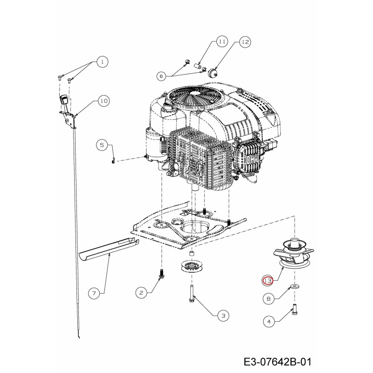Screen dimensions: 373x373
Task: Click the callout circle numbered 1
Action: (102, 62)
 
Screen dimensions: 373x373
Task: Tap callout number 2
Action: (141, 293)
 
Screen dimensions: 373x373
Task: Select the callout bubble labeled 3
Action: (223, 316)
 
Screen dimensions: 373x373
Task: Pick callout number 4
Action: (269, 322)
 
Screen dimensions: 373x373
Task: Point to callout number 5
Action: (102, 145)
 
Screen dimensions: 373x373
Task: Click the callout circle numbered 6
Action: (161, 76)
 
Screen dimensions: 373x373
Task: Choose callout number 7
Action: (94, 293)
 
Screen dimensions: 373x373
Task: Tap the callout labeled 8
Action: (269, 298)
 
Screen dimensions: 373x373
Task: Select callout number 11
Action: (222, 41)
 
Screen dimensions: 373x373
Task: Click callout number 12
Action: (245, 42)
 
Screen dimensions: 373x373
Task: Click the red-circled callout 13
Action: (268, 281)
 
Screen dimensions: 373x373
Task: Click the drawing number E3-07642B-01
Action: (277, 362)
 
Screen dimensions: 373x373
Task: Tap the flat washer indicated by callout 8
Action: (295, 285)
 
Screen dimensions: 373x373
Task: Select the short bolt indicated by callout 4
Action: (294, 310)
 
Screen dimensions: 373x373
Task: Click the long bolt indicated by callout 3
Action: (192, 294)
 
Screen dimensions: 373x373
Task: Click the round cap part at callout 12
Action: (212, 72)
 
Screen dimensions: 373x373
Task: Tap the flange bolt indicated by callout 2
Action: (162, 274)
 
